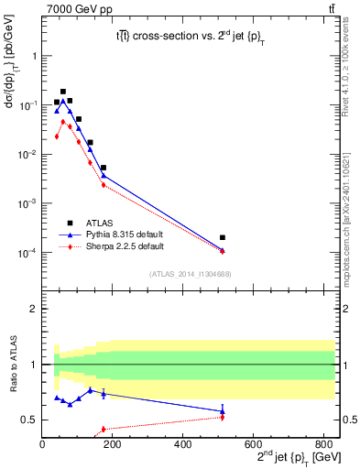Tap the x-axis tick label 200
112,446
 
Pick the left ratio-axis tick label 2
35,309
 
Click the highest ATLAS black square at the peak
63,92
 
